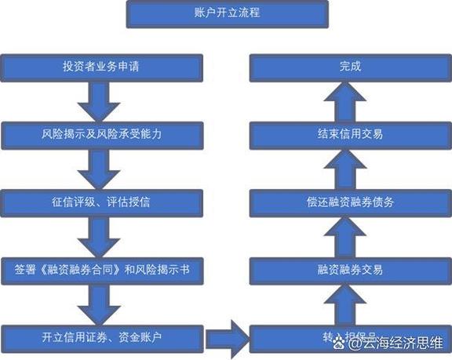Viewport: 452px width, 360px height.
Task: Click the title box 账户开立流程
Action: [225, 14]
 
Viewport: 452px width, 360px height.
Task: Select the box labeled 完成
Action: [350, 67]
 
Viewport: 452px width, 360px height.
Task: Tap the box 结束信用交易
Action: [350, 134]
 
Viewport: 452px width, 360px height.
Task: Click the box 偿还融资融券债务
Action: [350, 202]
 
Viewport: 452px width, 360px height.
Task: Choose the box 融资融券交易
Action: [350, 270]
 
